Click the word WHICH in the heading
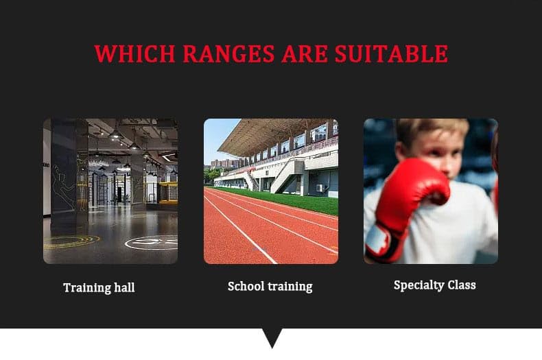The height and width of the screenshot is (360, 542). coord(134,53)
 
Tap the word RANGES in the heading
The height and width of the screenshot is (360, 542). coord(228,53)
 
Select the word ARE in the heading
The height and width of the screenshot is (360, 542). coord(305,53)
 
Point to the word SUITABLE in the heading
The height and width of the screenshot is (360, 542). coord(391,53)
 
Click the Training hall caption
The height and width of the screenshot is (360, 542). coord(99,287)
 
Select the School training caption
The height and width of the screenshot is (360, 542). coord(270,287)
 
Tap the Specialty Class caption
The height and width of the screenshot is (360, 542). coord(434,285)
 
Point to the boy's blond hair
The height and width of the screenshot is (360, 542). coord(432,128)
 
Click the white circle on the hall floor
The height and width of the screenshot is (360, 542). coord(151,243)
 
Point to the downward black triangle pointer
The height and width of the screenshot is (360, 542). coord(272,337)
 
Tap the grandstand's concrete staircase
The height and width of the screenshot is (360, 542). coord(283,178)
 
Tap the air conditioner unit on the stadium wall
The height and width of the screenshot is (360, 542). coord(320,188)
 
